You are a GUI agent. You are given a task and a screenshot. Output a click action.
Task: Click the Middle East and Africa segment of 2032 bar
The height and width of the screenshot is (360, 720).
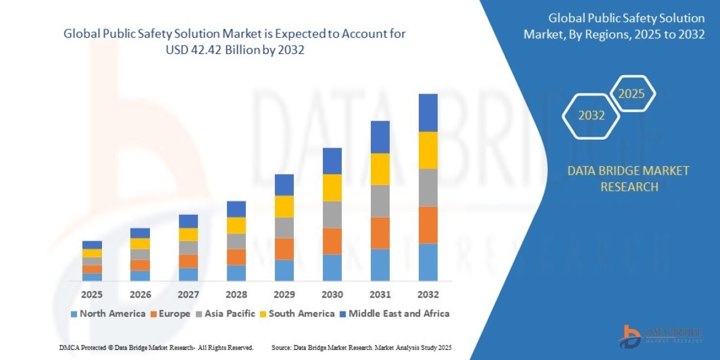(x=428, y=112)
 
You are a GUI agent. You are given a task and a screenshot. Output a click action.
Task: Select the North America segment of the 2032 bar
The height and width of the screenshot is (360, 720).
(x=428, y=262)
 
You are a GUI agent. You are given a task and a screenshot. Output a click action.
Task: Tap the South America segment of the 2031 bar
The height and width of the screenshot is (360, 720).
(x=380, y=169)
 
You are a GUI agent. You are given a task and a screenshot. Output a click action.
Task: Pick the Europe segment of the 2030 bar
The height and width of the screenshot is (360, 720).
(x=332, y=241)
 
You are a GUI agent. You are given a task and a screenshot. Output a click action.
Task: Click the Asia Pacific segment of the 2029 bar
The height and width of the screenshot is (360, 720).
(x=284, y=227)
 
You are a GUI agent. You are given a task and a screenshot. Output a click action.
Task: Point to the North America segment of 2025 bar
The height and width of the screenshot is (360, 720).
(x=92, y=277)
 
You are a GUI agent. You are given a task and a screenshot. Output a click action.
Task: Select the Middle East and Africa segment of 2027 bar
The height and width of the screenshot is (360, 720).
(x=188, y=221)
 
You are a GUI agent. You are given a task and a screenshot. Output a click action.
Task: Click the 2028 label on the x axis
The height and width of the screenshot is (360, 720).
(x=236, y=295)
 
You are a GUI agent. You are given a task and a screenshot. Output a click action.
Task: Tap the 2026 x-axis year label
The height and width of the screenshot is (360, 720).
(x=140, y=295)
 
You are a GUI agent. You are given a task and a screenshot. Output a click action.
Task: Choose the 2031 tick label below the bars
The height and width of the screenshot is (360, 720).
(x=380, y=295)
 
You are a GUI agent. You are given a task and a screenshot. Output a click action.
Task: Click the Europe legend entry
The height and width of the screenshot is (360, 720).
(x=171, y=314)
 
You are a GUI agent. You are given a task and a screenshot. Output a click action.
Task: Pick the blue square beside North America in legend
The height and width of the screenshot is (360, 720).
(x=74, y=314)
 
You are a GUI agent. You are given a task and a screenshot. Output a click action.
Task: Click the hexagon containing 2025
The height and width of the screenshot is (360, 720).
(x=631, y=94)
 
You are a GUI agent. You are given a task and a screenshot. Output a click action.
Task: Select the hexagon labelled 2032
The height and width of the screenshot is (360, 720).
(x=591, y=116)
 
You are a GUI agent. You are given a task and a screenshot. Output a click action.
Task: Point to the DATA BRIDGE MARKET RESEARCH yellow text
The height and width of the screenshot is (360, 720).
(x=628, y=179)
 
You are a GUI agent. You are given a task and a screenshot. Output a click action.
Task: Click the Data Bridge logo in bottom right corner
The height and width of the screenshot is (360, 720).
(x=660, y=335)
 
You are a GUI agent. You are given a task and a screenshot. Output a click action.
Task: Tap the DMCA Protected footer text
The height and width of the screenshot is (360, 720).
(x=156, y=347)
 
